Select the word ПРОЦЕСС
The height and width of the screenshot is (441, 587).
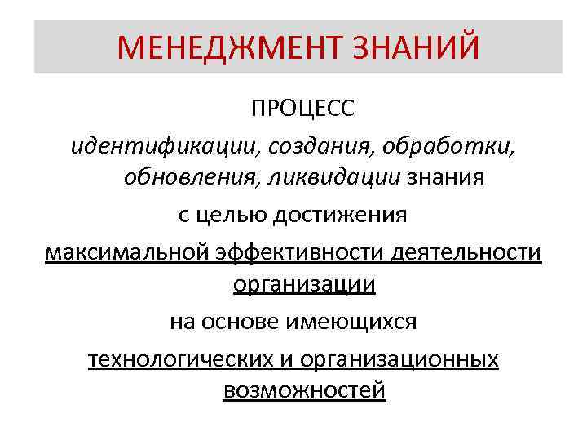pos(303,109)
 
